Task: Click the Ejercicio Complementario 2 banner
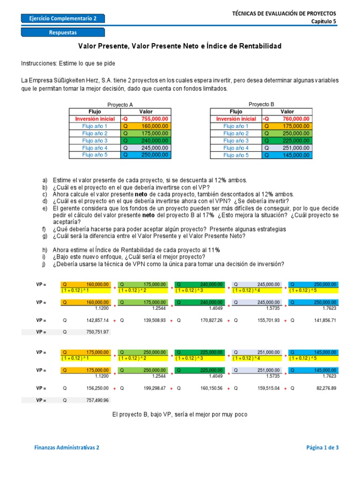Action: (x=63, y=18)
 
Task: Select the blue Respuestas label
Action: (x=63, y=32)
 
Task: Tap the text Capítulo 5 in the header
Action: (x=324, y=21)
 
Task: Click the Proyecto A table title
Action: (x=120, y=105)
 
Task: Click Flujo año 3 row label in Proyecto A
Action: (x=95, y=141)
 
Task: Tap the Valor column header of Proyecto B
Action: (x=287, y=112)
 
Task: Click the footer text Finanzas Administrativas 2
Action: (x=67, y=448)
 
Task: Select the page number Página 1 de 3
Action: (x=322, y=448)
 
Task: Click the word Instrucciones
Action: (x=38, y=63)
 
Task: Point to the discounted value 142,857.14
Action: (x=97, y=321)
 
